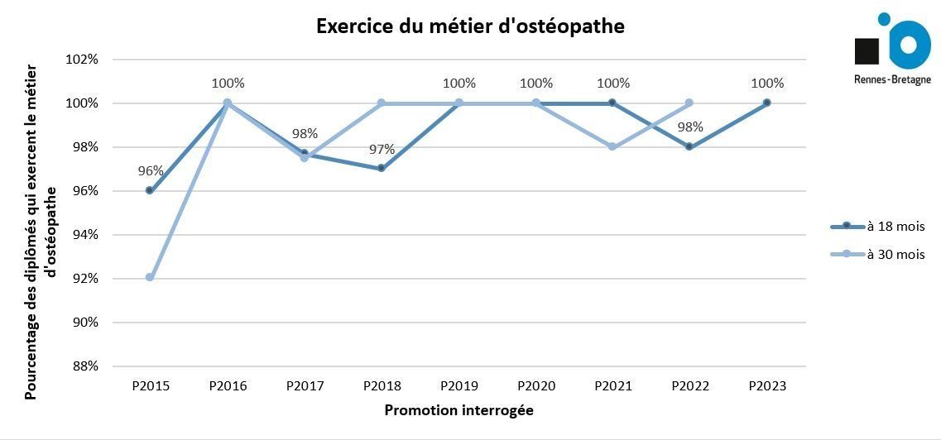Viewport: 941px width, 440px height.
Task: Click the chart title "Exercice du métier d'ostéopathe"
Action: (x=470, y=26)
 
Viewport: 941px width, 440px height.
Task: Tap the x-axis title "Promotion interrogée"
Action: (x=458, y=410)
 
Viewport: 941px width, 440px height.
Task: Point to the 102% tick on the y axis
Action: (x=84, y=60)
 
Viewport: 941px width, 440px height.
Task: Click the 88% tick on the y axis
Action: (x=84, y=366)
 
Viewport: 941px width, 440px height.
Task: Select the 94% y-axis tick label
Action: (x=84, y=235)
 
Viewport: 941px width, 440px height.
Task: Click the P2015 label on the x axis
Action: (x=151, y=386)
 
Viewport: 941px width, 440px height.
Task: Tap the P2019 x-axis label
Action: (x=458, y=386)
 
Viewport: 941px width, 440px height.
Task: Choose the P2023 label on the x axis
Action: (x=766, y=386)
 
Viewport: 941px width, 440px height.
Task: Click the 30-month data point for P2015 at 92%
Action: (x=150, y=277)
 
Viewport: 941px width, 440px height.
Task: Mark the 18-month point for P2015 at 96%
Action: (x=150, y=190)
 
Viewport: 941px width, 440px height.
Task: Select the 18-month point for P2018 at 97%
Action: (x=381, y=168)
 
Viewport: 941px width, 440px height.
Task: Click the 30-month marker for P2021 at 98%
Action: (x=612, y=146)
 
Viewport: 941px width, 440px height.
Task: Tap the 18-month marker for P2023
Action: (x=766, y=103)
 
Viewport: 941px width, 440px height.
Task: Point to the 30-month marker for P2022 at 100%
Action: (x=689, y=103)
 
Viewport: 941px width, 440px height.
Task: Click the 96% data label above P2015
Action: (x=151, y=171)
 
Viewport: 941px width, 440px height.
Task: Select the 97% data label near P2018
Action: (x=382, y=150)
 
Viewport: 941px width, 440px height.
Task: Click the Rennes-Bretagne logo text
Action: (x=892, y=79)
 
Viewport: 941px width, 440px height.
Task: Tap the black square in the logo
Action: (x=867, y=50)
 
